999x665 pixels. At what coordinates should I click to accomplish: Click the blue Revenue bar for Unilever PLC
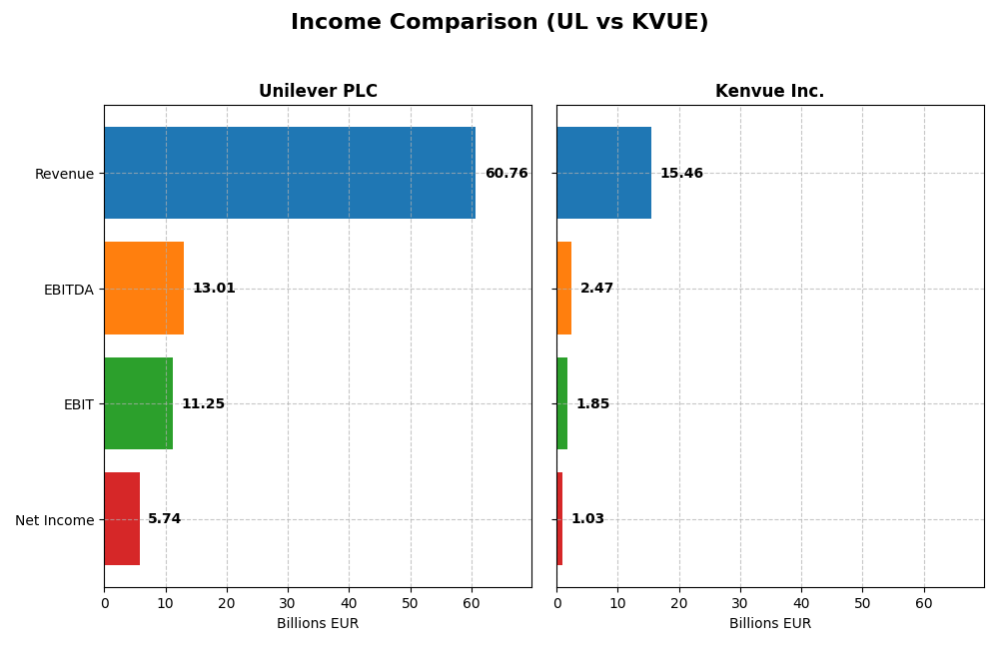click(290, 173)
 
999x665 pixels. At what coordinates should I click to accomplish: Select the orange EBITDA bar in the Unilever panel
click(144, 288)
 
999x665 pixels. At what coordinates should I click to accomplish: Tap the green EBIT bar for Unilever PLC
click(138, 403)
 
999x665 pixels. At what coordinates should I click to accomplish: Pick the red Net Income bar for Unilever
click(122, 518)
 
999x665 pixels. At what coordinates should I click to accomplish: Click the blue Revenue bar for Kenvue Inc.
click(603, 173)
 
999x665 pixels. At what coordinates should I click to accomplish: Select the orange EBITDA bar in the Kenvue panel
click(563, 288)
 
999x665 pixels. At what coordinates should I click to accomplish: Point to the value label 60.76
click(506, 174)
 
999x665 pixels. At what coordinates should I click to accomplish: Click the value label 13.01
click(214, 289)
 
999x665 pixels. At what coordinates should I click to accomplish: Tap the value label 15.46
click(681, 174)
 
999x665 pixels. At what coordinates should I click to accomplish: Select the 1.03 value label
click(587, 519)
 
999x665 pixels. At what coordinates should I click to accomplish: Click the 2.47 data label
click(596, 289)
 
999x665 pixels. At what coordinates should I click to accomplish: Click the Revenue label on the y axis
click(64, 174)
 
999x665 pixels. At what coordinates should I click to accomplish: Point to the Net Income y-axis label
click(54, 519)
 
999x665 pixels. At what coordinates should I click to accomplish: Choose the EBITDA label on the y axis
click(68, 290)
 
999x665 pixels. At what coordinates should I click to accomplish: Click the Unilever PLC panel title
click(318, 92)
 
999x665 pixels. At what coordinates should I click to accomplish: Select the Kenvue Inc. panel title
click(769, 92)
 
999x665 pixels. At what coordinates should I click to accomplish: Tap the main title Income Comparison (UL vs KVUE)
click(499, 22)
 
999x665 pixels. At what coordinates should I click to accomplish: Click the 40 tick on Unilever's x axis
click(349, 603)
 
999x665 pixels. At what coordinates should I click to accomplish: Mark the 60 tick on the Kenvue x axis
click(923, 603)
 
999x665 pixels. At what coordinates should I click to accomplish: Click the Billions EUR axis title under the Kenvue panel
click(769, 623)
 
